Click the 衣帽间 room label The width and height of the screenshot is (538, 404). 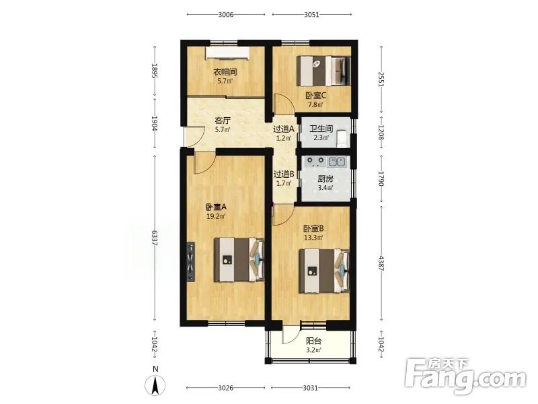click(225, 72)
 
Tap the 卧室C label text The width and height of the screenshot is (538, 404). click(315, 96)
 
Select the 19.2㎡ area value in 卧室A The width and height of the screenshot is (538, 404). click(215, 216)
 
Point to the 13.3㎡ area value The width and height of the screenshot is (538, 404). click(313, 238)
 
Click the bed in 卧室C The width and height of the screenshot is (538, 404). click(323, 71)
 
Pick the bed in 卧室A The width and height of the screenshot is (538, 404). click(239, 260)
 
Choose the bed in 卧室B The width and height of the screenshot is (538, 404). click(324, 271)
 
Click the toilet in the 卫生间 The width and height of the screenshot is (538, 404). click(342, 138)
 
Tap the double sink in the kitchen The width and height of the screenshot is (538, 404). click(336, 161)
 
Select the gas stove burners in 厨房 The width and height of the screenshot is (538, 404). click(315, 161)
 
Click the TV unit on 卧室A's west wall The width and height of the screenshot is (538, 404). click(190, 263)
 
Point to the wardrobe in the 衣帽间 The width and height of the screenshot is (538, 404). click(227, 53)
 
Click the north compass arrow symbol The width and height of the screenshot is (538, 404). click(155, 384)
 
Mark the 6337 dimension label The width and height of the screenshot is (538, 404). click(155, 238)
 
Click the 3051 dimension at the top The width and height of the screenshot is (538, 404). click(311, 14)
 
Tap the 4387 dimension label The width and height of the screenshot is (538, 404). click(381, 263)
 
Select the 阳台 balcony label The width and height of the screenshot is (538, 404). click(313, 341)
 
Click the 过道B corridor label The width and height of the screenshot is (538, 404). click(283, 174)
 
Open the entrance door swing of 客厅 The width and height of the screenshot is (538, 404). click(194, 137)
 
